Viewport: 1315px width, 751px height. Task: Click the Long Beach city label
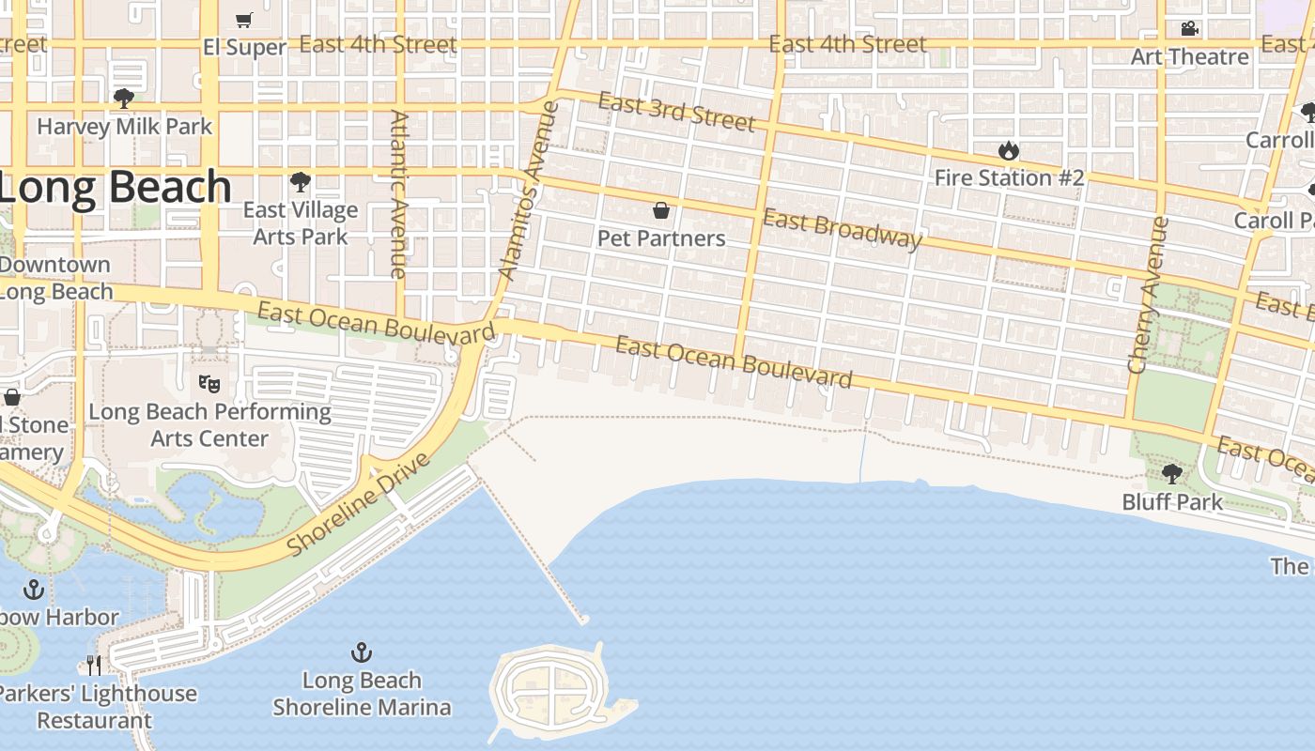tap(115, 188)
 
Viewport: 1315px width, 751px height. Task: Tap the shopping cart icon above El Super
tap(244, 20)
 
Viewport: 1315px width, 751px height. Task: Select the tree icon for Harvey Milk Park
tap(123, 99)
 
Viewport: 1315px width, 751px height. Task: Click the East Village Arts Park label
tap(301, 223)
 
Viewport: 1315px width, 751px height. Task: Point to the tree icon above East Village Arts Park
tap(301, 182)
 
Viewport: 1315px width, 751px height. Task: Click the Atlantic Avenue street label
tap(399, 194)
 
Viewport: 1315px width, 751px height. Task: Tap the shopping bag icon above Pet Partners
tap(661, 210)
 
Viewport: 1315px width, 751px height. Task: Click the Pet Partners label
tap(661, 238)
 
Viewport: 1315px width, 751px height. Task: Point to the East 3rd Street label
tap(676, 113)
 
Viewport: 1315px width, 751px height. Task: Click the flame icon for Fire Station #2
tap(1009, 150)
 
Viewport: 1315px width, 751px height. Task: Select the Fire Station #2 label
tap(1009, 177)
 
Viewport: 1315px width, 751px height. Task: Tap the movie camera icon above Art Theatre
tap(1190, 29)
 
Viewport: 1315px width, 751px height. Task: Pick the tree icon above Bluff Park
tap(1171, 474)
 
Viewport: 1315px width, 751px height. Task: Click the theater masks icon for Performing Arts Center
tap(209, 383)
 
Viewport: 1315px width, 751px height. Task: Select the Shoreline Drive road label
tap(359, 504)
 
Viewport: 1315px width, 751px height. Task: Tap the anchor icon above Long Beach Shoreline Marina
tap(362, 652)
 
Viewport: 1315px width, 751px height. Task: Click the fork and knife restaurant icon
tap(94, 666)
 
